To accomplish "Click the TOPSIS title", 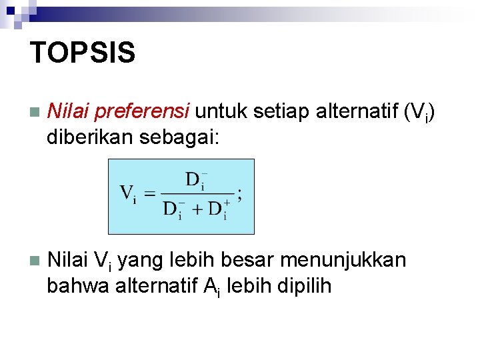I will [x=83, y=52].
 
